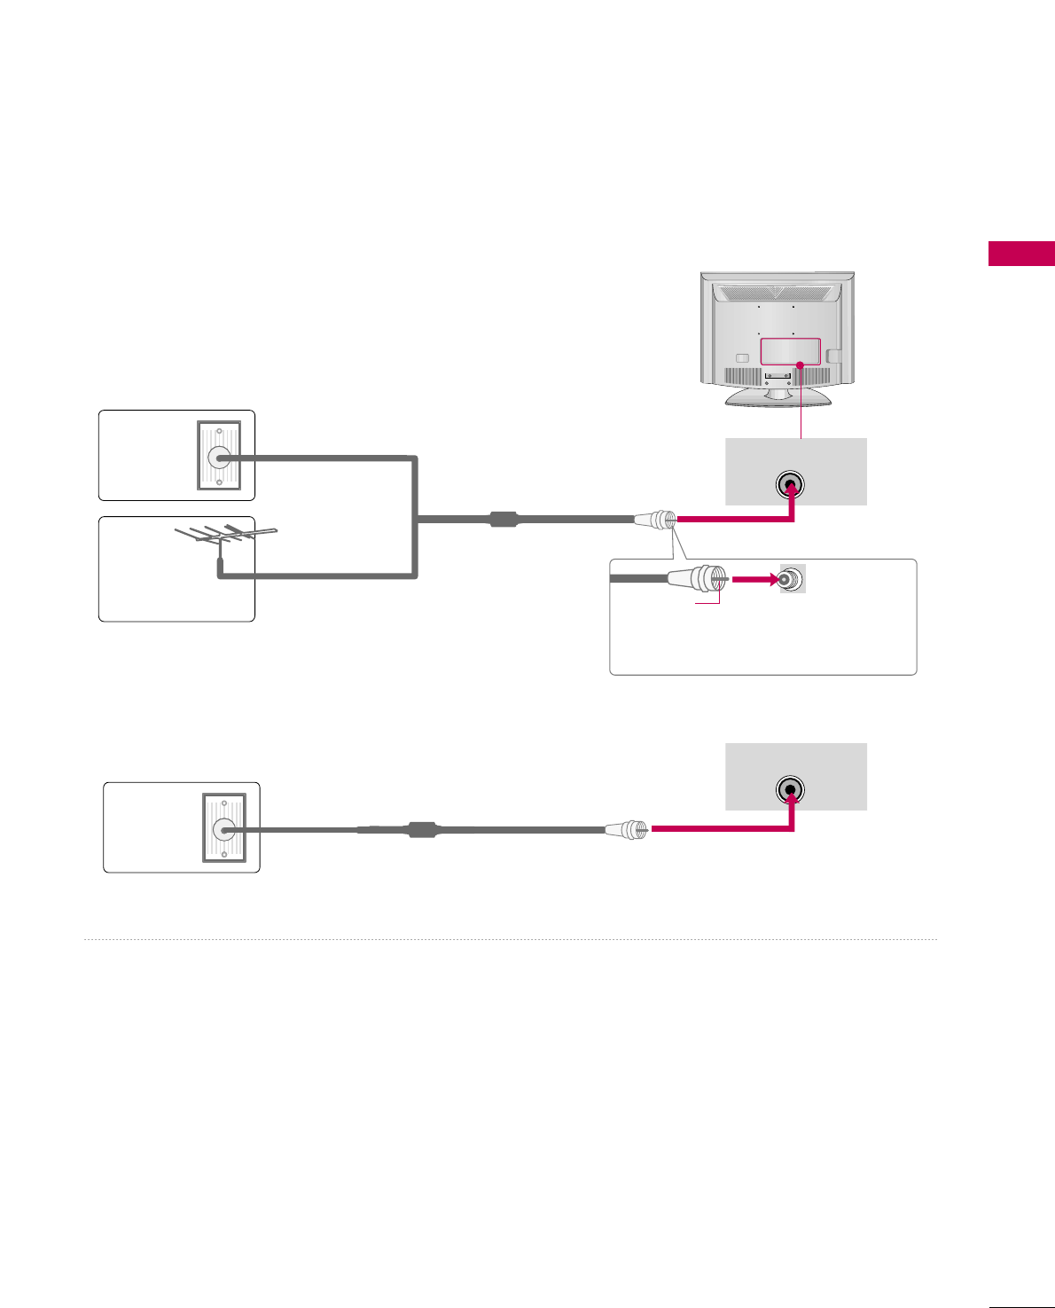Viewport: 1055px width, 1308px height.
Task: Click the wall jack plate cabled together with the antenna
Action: [x=218, y=457]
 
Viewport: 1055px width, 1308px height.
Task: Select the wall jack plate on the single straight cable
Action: [x=223, y=828]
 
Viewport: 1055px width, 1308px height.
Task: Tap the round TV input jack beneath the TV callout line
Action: [x=790, y=485]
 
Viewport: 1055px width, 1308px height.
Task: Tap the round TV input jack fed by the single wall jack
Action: [x=790, y=789]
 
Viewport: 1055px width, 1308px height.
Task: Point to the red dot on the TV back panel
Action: [x=800, y=364]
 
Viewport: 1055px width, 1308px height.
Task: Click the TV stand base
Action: [x=778, y=396]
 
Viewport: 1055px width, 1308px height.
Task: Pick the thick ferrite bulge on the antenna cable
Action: [x=504, y=519]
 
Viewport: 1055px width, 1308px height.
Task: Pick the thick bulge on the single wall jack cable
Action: [x=422, y=830]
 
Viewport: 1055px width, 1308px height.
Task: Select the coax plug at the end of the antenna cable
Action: [x=656, y=520]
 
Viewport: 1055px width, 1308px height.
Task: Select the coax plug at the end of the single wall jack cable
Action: [x=627, y=830]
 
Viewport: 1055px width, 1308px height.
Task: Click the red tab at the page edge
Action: [x=1021, y=254]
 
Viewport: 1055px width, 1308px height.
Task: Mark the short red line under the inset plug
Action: [x=707, y=603]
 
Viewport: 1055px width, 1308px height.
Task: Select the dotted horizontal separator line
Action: [x=510, y=939]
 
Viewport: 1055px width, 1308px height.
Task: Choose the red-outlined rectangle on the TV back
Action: [x=790, y=351]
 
